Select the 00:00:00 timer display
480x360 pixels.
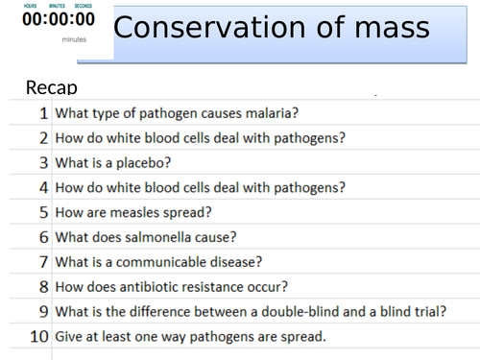pos(59,19)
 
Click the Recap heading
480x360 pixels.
pos(51,88)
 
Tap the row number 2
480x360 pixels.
pos(43,137)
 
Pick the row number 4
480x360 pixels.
pos(43,187)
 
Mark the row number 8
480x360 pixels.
pos(43,287)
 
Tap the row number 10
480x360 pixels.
pos(39,337)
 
